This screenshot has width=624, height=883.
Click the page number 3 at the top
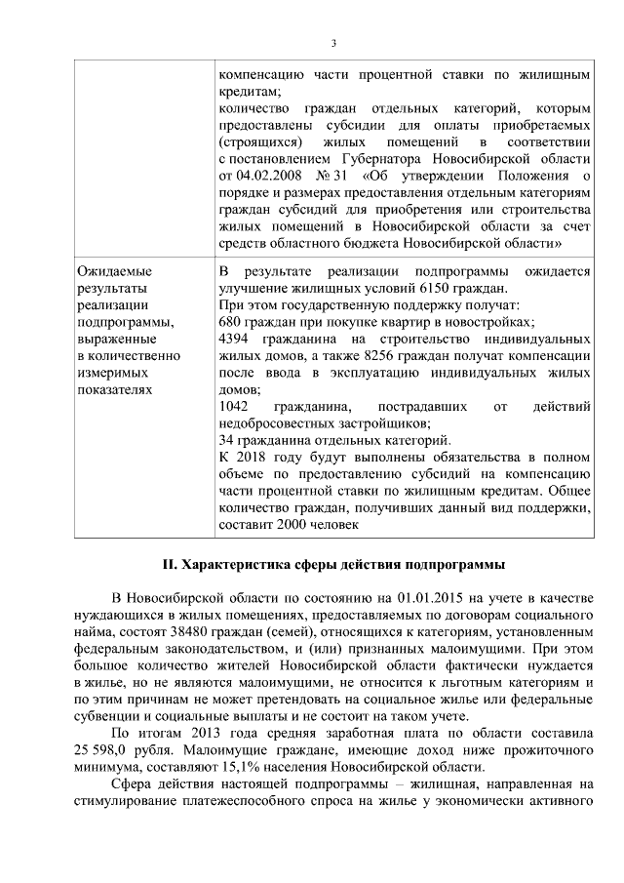tap(333, 43)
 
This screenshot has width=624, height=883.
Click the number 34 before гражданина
tap(227, 439)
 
